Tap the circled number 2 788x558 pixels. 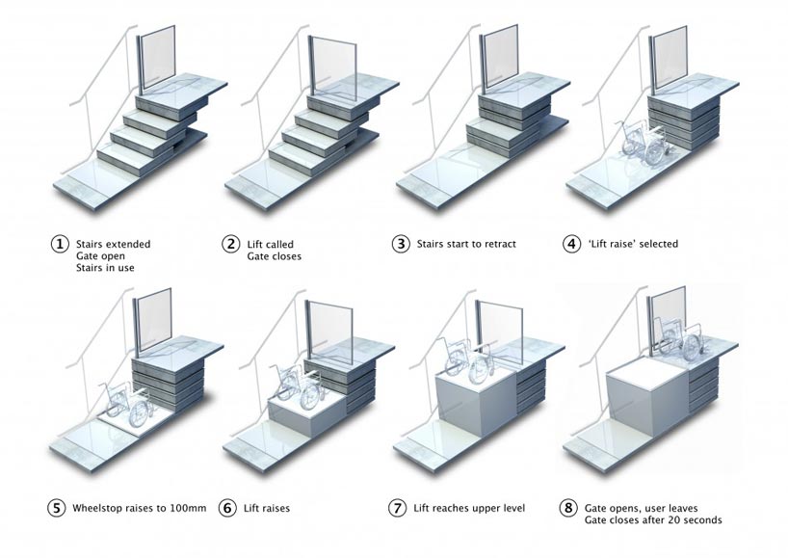(x=230, y=244)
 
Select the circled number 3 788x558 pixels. (x=401, y=244)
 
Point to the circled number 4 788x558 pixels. (x=572, y=244)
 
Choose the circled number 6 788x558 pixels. (x=230, y=507)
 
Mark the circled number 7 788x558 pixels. (x=401, y=507)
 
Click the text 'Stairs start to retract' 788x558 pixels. (x=466, y=244)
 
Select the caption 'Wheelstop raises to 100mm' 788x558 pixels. (x=136, y=507)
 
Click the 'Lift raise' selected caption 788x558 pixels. (x=633, y=244)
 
